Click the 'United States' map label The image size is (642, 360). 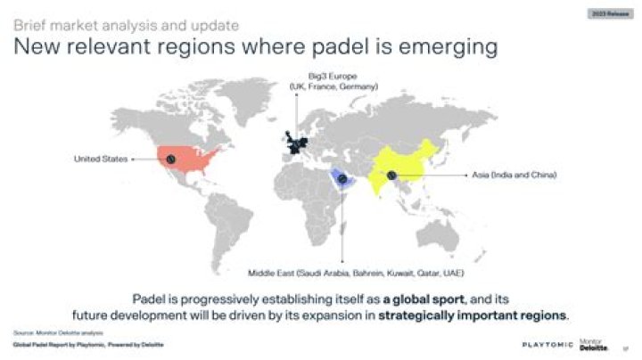pos(100,160)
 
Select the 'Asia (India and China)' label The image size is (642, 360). pos(514,176)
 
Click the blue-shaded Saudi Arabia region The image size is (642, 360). pos(343,181)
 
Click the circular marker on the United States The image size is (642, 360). pos(170,159)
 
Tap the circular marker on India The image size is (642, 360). pos(391,176)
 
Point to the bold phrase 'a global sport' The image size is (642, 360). pos(417,299)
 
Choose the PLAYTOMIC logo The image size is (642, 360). pos(547,344)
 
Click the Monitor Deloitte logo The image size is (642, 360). pos(593,344)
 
